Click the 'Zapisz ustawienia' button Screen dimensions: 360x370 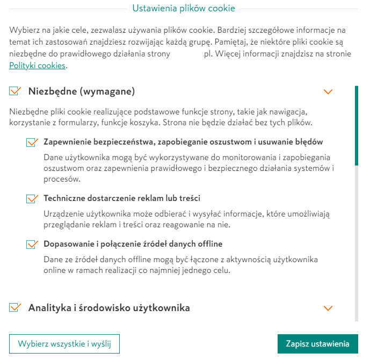pos(317,344)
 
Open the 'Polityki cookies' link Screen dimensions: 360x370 pos(37,66)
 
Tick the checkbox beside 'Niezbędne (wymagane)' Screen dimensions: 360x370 pos(14,91)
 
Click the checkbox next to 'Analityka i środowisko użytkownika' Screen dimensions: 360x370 pos(14,308)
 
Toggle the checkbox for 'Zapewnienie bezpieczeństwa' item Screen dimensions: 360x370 pos(31,142)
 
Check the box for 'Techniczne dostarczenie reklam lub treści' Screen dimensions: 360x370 pos(31,199)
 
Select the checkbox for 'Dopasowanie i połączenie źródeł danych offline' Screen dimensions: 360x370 pos(31,244)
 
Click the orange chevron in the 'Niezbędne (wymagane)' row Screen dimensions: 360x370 pos(329,92)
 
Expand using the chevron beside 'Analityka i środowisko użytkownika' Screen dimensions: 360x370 pos(329,308)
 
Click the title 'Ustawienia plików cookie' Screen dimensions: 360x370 pos(183,9)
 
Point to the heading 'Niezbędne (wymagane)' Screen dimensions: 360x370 pos(81,91)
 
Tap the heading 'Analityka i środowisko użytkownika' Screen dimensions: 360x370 pos(109,308)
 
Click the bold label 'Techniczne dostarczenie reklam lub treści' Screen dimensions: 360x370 pos(122,198)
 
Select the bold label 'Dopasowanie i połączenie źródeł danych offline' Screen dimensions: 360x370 pos(133,244)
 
